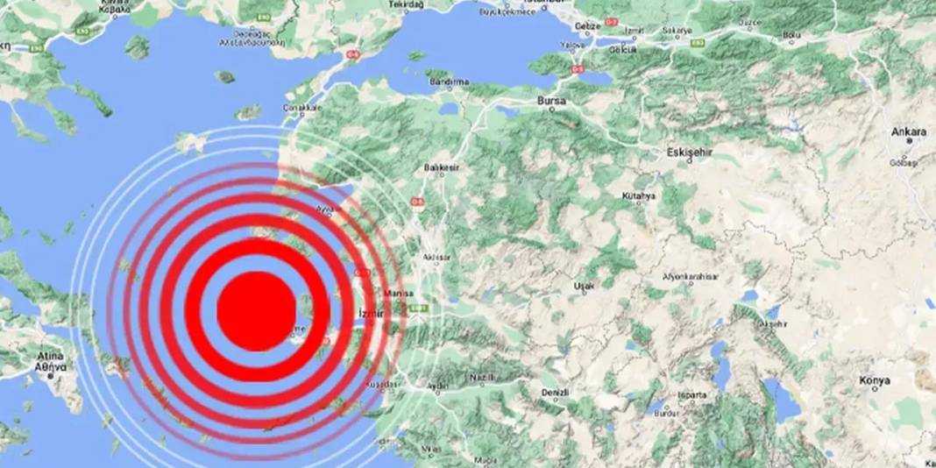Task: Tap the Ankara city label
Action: pos(908,131)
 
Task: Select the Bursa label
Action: pos(551,102)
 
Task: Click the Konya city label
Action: pos(875,380)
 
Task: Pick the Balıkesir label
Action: pos(436,166)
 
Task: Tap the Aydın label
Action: pos(436,386)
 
